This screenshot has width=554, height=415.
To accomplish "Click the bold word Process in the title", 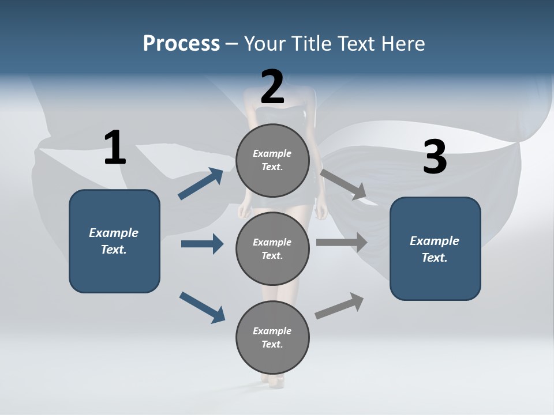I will coord(181,44).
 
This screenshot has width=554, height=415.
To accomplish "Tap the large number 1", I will coord(115,148).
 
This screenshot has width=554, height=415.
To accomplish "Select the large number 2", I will coord(272,87).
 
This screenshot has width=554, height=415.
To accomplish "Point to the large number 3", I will coord(435,157).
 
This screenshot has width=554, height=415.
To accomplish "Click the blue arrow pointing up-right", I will coord(200,184).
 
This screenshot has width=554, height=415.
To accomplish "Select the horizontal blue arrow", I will coord(202,244).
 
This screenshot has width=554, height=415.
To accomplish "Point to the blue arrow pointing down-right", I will coord(202,307).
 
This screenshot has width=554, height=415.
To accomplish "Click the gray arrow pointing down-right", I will coord(343,184).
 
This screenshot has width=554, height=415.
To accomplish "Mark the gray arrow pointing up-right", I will coord(339,305).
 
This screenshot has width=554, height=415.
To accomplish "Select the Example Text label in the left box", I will coord(114,241).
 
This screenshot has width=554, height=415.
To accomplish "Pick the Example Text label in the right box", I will coord(435,249).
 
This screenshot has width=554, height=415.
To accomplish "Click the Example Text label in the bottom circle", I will coord(272,337).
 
